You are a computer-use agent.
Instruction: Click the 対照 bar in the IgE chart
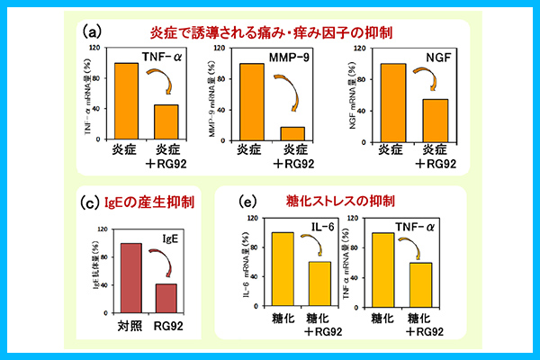132,274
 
